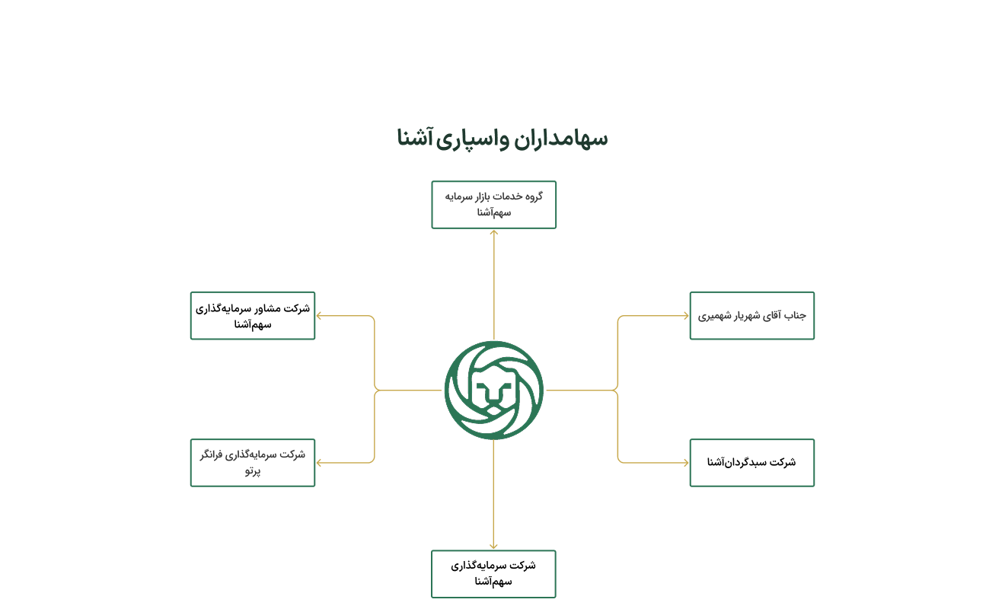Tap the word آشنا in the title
[414, 137]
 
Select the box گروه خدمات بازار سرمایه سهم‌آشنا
[493, 205]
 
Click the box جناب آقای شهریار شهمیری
[752, 316]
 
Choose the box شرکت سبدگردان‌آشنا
[752, 463]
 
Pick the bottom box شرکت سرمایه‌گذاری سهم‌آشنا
[493, 574]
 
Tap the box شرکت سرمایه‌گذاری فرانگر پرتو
[253, 463]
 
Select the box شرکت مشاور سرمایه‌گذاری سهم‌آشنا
[253, 316]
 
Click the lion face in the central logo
[493, 391]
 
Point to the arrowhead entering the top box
[494, 232]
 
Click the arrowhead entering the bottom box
[493, 547]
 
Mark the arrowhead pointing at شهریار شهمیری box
[686, 316]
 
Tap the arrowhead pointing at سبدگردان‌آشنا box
[686, 463]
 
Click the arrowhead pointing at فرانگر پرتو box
[319, 463]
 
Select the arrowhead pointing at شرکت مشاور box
[319, 316]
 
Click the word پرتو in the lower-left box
[253, 471]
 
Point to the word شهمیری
[714, 316]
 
